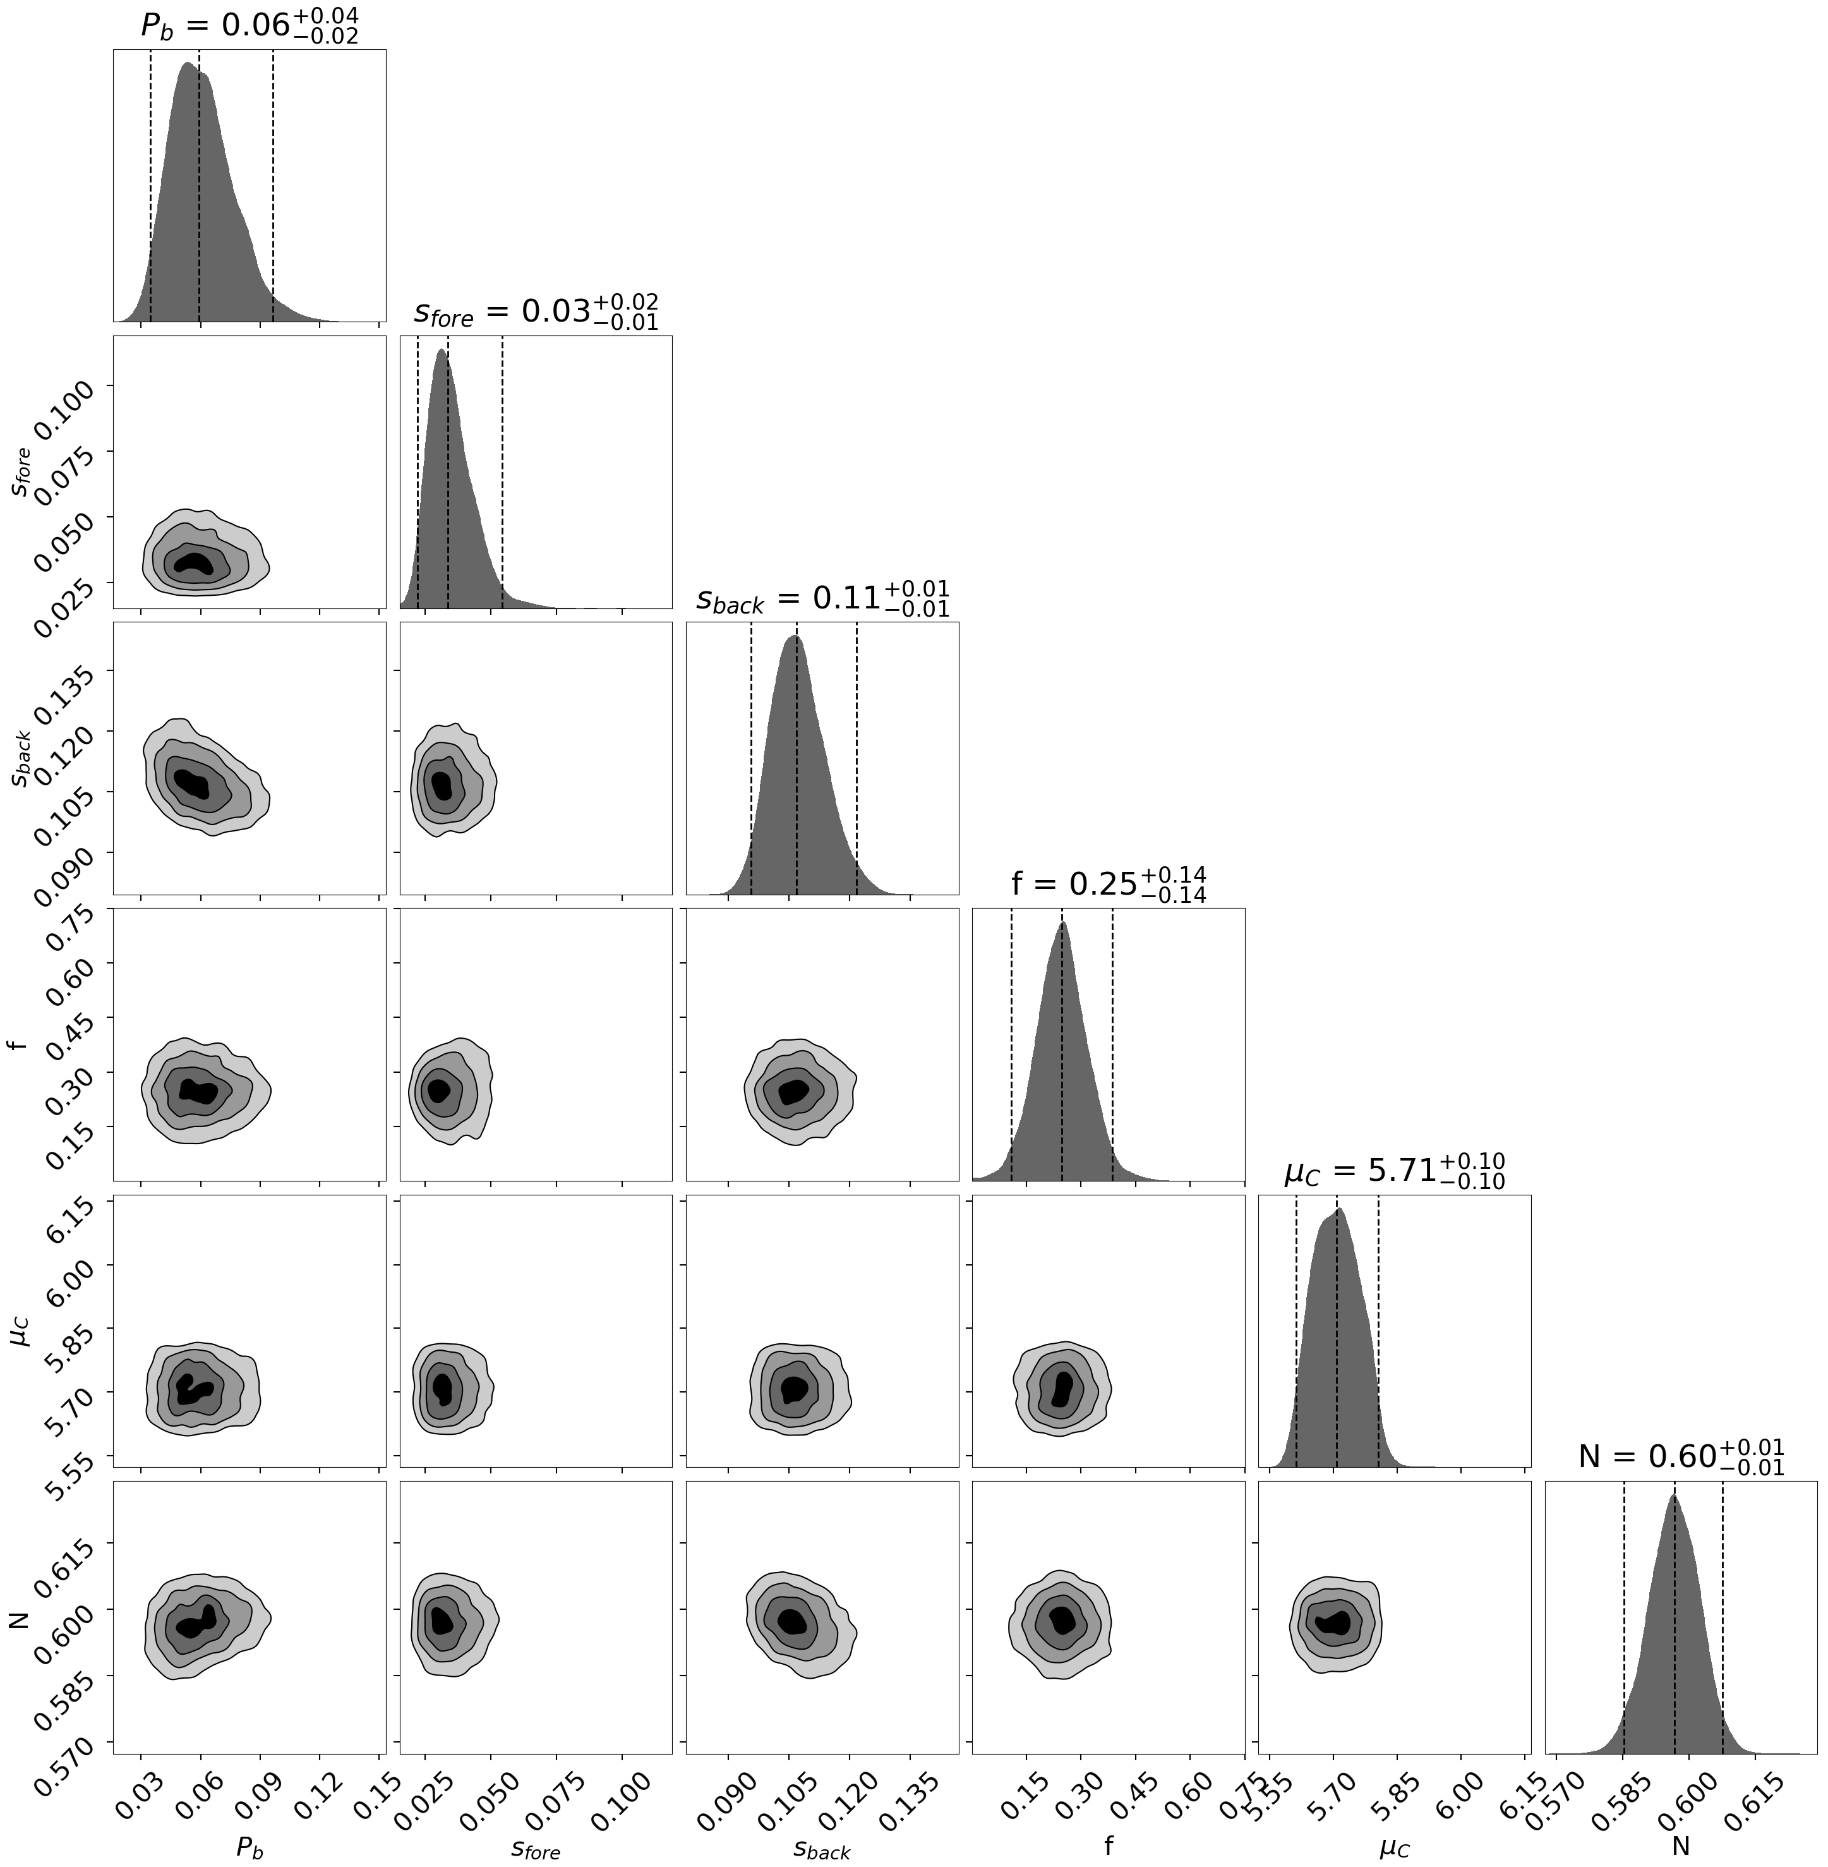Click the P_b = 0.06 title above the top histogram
[250, 26]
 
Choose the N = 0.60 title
[1680, 1457]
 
